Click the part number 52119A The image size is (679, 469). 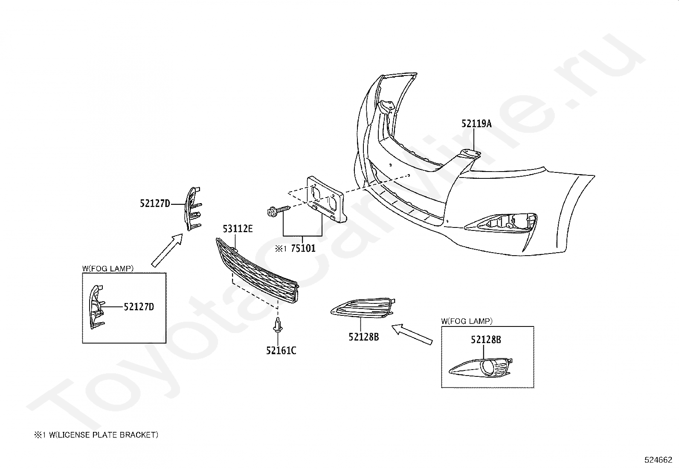476,124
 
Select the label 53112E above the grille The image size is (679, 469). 238,229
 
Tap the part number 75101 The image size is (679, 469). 303,248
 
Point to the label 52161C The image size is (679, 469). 281,351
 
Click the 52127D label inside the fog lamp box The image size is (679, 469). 139,307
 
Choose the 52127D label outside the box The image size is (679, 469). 155,204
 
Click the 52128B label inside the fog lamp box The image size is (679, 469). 486,340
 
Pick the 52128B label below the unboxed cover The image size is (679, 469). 363,337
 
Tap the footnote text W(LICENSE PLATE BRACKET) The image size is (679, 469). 103,435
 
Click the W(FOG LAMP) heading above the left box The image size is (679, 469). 108,268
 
